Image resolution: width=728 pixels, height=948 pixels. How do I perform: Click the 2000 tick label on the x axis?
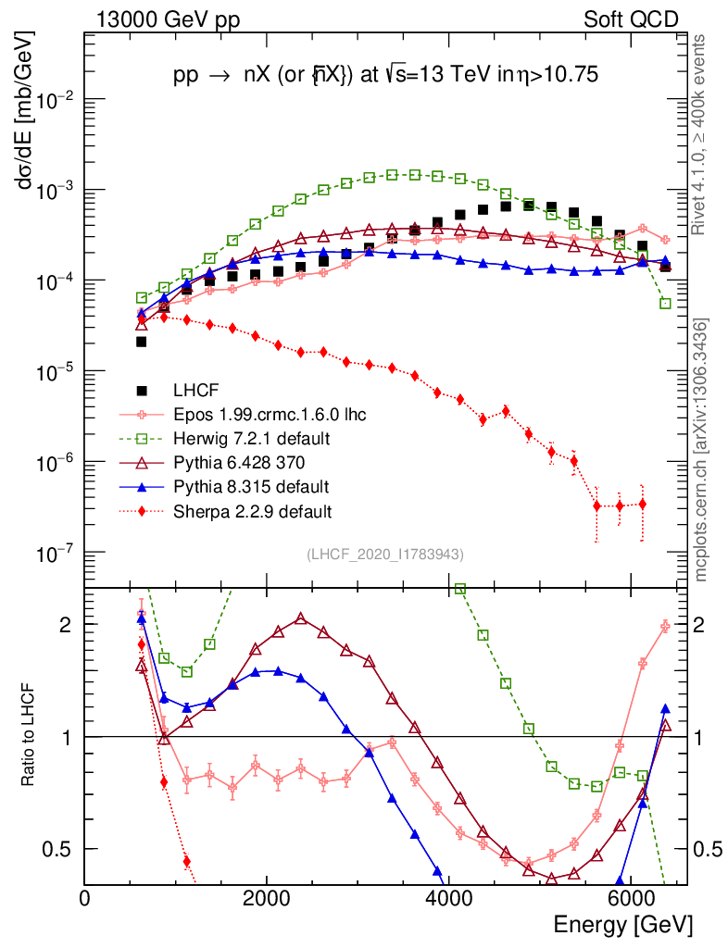[x=266, y=898]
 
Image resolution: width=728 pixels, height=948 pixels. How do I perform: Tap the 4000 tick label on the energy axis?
[x=447, y=898]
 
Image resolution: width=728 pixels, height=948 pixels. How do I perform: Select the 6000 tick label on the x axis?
[x=629, y=898]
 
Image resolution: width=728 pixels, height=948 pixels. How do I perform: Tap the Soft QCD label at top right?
[x=631, y=19]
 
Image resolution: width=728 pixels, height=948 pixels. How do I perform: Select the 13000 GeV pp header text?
[x=168, y=19]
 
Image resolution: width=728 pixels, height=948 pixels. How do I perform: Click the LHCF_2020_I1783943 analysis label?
[x=385, y=554]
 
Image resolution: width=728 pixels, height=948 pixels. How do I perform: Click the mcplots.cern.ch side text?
[x=702, y=449]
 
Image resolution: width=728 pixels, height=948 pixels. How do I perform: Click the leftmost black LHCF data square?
[x=142, y=342]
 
